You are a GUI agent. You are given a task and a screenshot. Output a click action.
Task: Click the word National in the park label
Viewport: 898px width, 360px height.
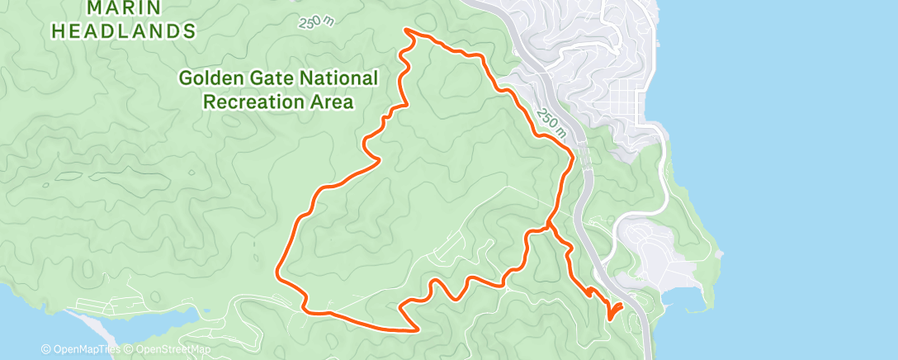[x=333, y=78]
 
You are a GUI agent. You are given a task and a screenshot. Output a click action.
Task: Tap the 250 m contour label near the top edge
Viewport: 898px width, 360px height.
[x=316, y=21]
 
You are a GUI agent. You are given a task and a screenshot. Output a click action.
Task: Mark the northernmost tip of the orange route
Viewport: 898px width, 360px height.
[x=406, y=31]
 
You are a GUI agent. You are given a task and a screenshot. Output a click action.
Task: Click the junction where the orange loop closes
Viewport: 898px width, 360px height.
[x=547, y=224]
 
